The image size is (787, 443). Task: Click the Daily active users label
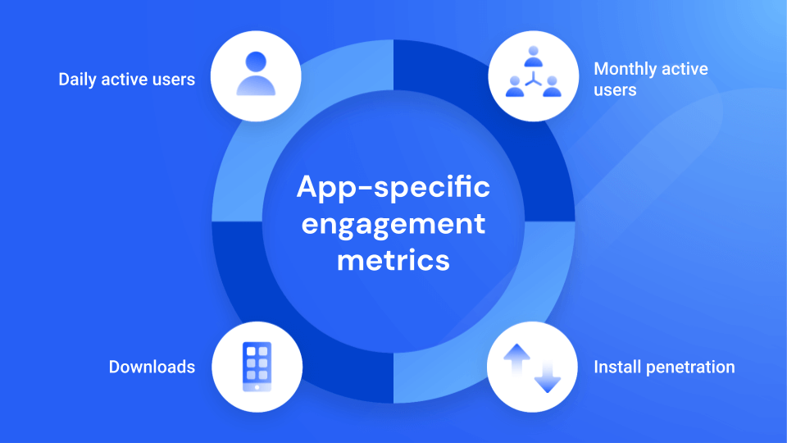pos(126,80)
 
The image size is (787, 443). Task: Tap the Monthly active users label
pos(651,79)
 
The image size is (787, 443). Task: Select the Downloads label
pos(152,367)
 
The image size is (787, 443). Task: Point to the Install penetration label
pos(664,367)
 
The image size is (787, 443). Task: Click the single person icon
pos(256,75)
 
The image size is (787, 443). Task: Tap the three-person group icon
pos(532,75)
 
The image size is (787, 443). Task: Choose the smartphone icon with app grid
pos(257,366)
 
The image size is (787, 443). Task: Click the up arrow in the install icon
pos(517,359)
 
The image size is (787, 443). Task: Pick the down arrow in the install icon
pos(546,373)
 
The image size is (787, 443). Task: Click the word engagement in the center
pos(393,223)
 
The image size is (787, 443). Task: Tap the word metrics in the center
pos(393,259)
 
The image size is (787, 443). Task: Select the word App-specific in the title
pos(393,187)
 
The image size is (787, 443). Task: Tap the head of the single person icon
pos(256,62)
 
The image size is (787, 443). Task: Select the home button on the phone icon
pos(257,386)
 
